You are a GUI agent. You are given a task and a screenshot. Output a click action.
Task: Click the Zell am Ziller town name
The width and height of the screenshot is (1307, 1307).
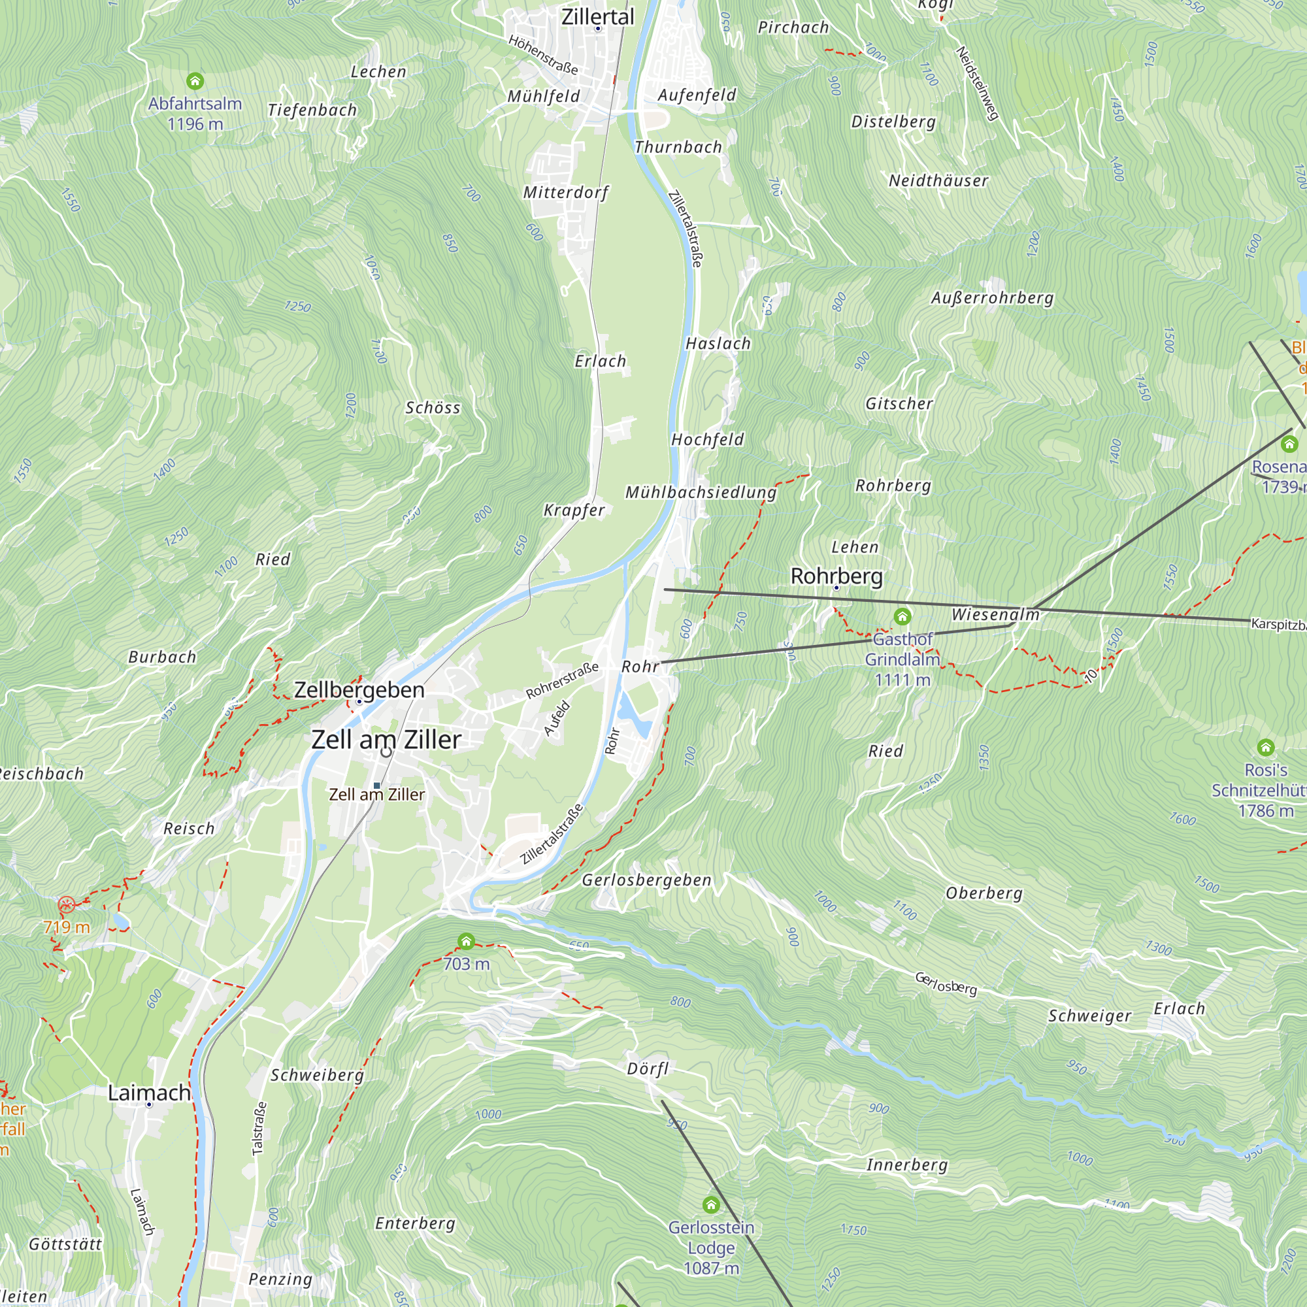pos(386,739)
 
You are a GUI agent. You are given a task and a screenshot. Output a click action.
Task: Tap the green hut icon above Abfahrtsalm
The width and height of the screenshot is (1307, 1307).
pos(195,82)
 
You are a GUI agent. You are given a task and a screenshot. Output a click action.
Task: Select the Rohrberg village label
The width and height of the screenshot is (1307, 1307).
pos(836,576)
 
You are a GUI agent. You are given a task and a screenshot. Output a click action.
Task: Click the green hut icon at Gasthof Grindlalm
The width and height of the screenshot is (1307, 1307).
pos(902,616)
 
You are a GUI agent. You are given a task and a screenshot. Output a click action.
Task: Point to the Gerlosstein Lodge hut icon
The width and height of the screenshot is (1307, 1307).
pos(710,1205)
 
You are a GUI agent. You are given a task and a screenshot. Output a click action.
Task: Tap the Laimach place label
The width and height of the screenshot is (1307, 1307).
pos(149,1093)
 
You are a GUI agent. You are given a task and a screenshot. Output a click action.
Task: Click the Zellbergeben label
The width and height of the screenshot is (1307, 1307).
pos(359,690)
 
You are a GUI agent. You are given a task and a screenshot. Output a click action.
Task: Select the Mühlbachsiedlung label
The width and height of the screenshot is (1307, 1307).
pos(701,493)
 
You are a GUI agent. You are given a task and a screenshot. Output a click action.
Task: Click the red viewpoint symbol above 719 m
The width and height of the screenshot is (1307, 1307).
pos(66,904)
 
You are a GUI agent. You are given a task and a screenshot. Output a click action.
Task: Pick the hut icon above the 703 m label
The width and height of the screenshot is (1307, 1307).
pos(466,941)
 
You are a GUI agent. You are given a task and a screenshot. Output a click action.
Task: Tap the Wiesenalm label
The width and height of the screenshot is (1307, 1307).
pos(995,614)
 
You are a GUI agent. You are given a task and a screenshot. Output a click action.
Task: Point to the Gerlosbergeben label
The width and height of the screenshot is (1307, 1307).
pos(646,880)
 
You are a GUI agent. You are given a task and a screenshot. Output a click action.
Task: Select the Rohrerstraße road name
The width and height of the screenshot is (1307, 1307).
pos(562,680)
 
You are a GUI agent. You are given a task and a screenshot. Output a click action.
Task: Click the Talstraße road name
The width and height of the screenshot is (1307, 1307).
pos(258,1129)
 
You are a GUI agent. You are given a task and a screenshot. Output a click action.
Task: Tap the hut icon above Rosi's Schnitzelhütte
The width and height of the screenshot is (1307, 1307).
pos(1266,748)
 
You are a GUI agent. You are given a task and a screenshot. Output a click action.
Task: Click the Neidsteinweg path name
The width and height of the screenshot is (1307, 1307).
pos(977,83)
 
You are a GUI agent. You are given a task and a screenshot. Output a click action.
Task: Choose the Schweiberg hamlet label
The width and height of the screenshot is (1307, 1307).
pos(318,1075)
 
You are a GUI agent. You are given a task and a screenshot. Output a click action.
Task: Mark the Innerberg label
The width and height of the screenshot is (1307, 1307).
pos(906,1165)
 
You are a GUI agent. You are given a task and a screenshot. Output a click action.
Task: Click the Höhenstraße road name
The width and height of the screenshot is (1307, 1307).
pos(543,55)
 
